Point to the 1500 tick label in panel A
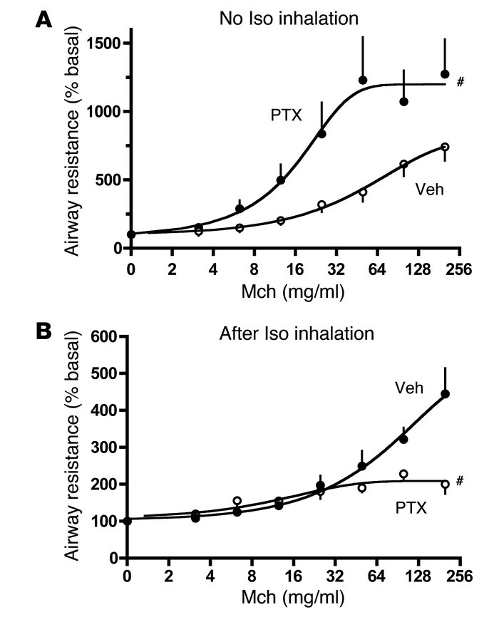coord(102,43)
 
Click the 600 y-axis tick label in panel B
coord(103,336)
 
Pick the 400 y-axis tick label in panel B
coord(103,410)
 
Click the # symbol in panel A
coord(461,83)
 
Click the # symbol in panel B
coord(461,482)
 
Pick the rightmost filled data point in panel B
coord(445,394)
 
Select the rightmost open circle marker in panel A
coord(445,147)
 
